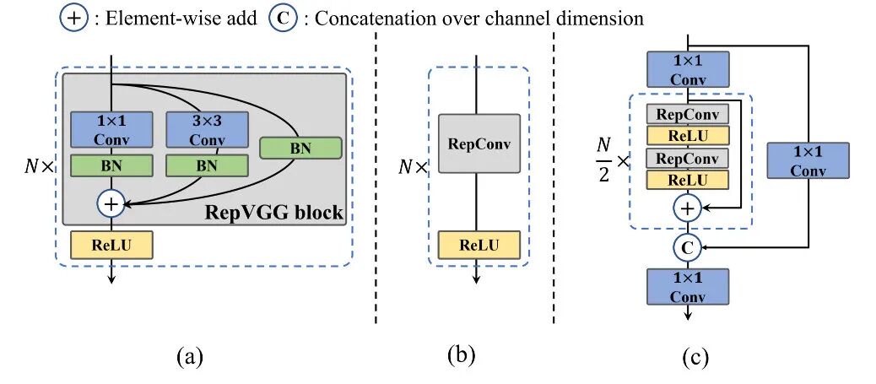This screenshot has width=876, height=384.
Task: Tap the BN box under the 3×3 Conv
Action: (207, 165)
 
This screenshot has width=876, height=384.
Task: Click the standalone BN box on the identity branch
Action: (300, 148)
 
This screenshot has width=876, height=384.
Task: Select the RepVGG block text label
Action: (274, 212)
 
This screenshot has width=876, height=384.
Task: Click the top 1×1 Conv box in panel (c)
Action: (687, 68)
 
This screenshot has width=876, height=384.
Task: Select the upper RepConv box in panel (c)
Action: (687, 114)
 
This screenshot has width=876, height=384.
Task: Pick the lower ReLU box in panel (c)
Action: (687, 179)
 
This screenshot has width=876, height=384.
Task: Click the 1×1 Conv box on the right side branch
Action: (808, 160)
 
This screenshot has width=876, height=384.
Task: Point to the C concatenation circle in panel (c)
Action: (687, 246)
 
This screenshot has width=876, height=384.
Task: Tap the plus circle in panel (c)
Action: (687, 206)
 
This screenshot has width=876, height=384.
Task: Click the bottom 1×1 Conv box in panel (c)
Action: (687, 286)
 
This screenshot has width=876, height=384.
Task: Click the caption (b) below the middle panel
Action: (461, 355)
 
